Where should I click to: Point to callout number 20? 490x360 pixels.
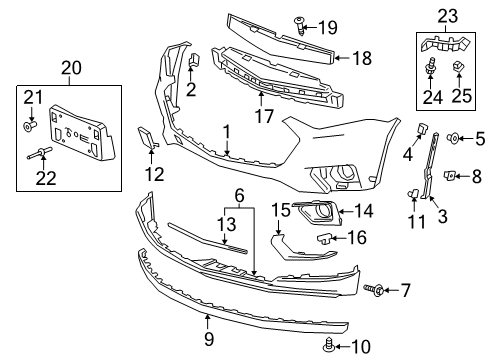[x=69, y=69]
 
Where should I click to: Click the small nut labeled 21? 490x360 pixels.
[x=30, y=126]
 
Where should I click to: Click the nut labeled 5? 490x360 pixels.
[x=452, y=137]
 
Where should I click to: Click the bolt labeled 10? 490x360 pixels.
[x=330, y=345]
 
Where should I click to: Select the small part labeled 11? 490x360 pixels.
[x=412, y=191]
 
